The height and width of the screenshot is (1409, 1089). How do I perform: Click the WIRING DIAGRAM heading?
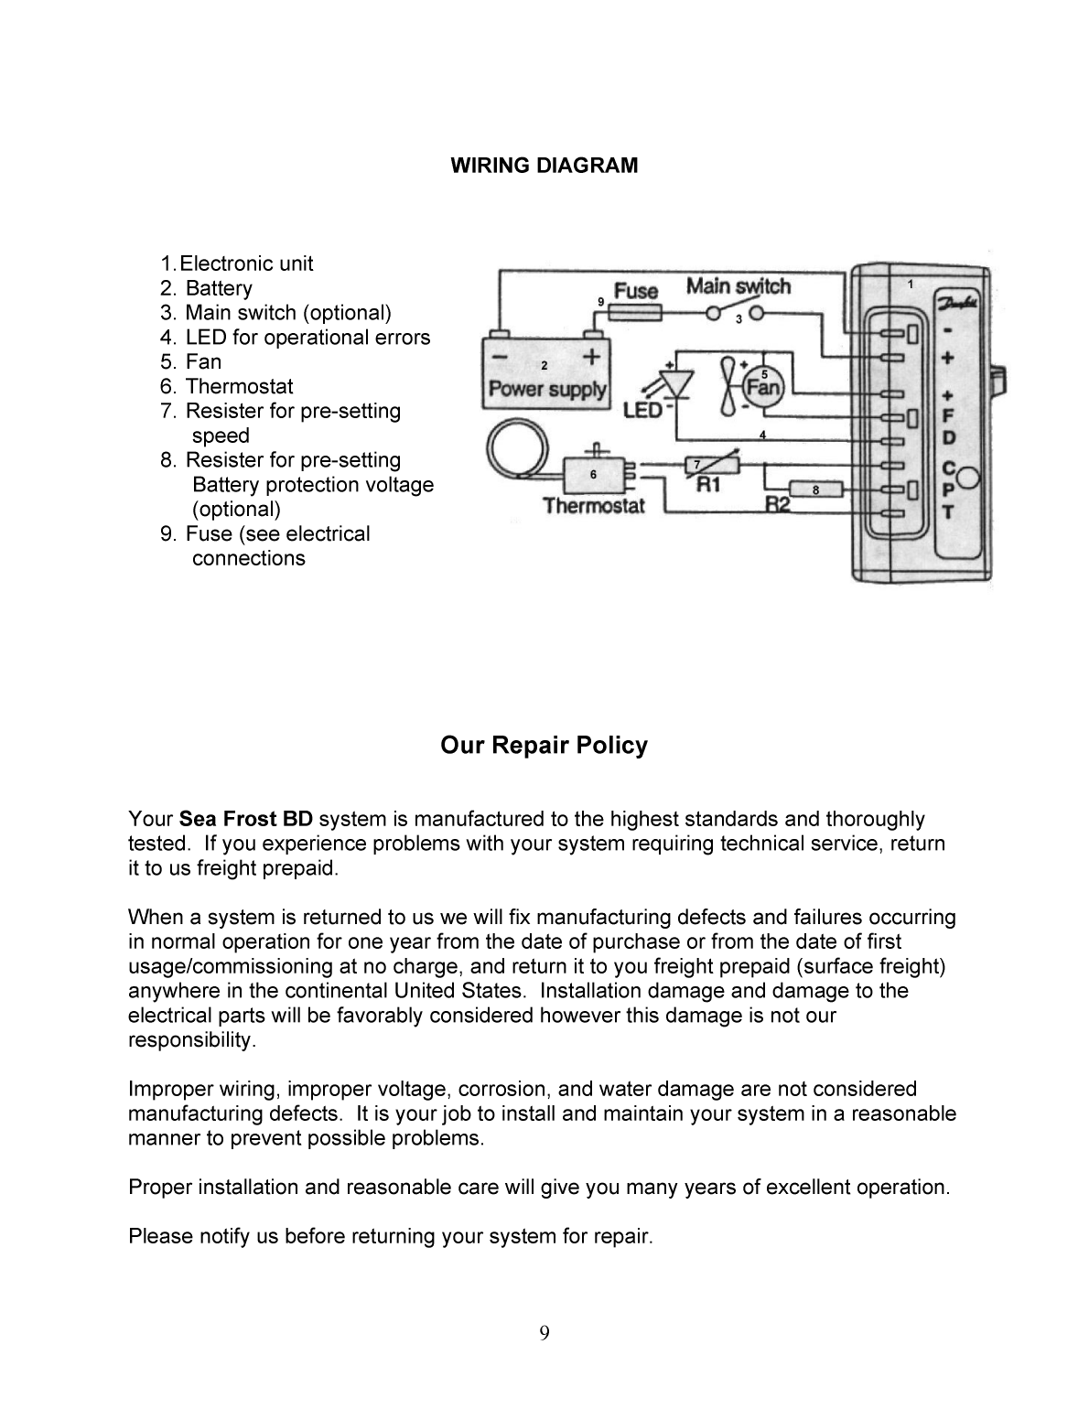544,166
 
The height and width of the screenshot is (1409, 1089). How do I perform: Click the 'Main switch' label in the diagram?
738,286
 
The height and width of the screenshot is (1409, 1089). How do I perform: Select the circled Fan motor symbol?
763,385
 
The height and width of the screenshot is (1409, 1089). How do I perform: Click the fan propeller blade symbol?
728,384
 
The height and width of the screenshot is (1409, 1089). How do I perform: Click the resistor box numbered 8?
814,489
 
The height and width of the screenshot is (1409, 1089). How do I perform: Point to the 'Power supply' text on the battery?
546,389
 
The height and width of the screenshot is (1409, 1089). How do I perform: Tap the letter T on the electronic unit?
948,512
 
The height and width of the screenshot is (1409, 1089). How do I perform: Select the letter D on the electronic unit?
948,438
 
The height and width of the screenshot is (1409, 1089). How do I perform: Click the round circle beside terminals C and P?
969,477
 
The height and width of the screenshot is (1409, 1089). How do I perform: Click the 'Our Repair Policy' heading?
544,746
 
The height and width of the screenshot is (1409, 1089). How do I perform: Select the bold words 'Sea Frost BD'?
245,819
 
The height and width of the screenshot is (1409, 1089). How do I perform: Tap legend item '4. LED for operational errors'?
295,338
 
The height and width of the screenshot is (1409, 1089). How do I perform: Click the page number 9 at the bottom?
544,1332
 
